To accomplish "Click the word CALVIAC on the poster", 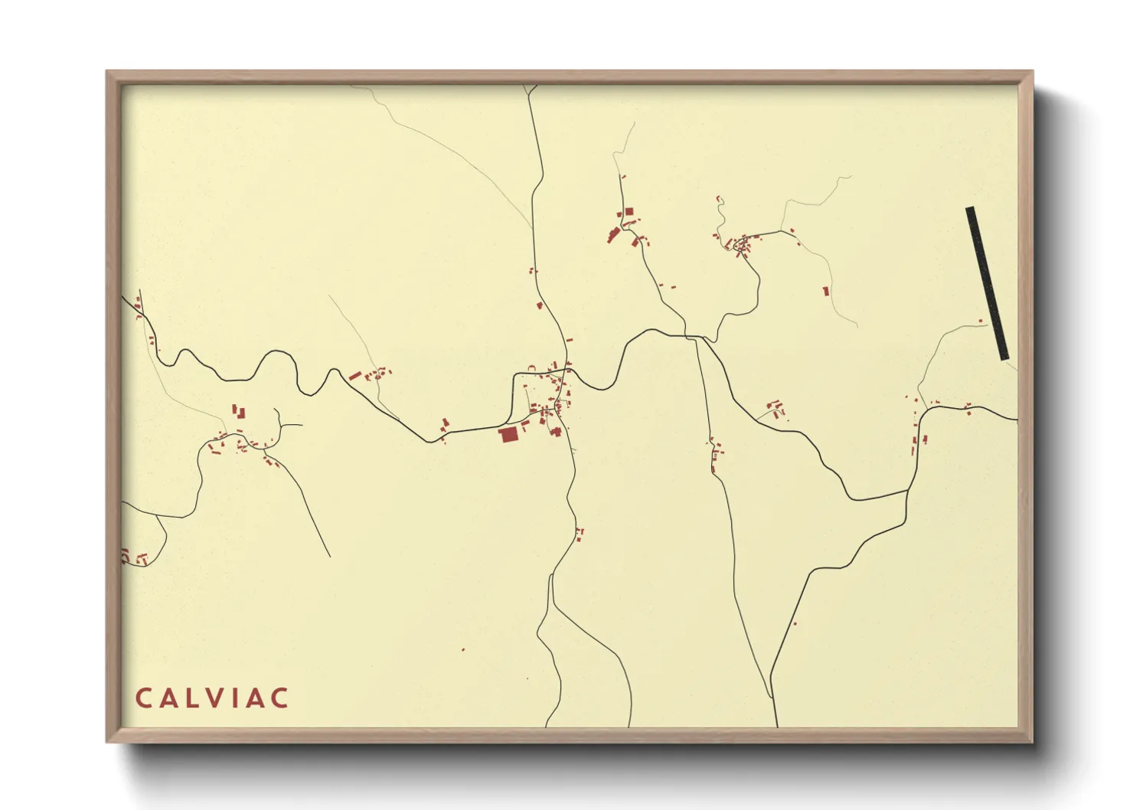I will pos(212,698).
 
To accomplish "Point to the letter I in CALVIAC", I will pos(239,698).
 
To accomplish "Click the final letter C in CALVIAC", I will pos(280,698).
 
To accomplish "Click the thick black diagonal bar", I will pos(987,283).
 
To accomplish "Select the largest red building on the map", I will pos(508,435).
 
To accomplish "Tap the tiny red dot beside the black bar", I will pos(981,321).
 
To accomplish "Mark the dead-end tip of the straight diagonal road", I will pos(330,557).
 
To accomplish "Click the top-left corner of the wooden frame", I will pos(107,71).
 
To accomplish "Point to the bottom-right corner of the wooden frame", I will pos(1032,742).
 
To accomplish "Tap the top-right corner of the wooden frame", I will pos(1032,71).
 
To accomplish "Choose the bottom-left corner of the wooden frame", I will pos(107,742).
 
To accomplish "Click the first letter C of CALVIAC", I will pos(143,698).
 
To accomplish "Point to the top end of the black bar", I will pos(970,209).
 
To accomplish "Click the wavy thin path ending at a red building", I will pos(720,214).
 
